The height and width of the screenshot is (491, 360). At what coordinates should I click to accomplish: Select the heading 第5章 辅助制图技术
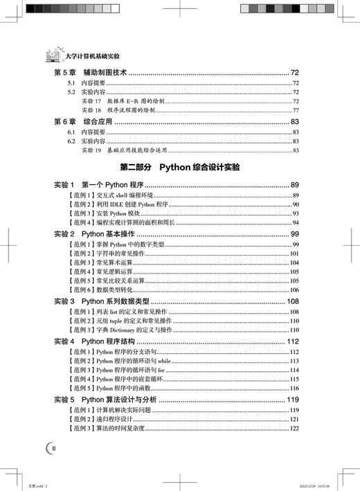[89, 73]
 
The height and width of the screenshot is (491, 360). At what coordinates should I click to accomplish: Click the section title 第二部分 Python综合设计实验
[179, 168]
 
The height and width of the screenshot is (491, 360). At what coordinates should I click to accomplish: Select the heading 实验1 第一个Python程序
[93, 185]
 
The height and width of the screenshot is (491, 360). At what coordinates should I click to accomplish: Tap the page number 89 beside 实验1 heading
[294, 185]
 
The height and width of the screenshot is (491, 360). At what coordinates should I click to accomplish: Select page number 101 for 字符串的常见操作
[294, 254]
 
